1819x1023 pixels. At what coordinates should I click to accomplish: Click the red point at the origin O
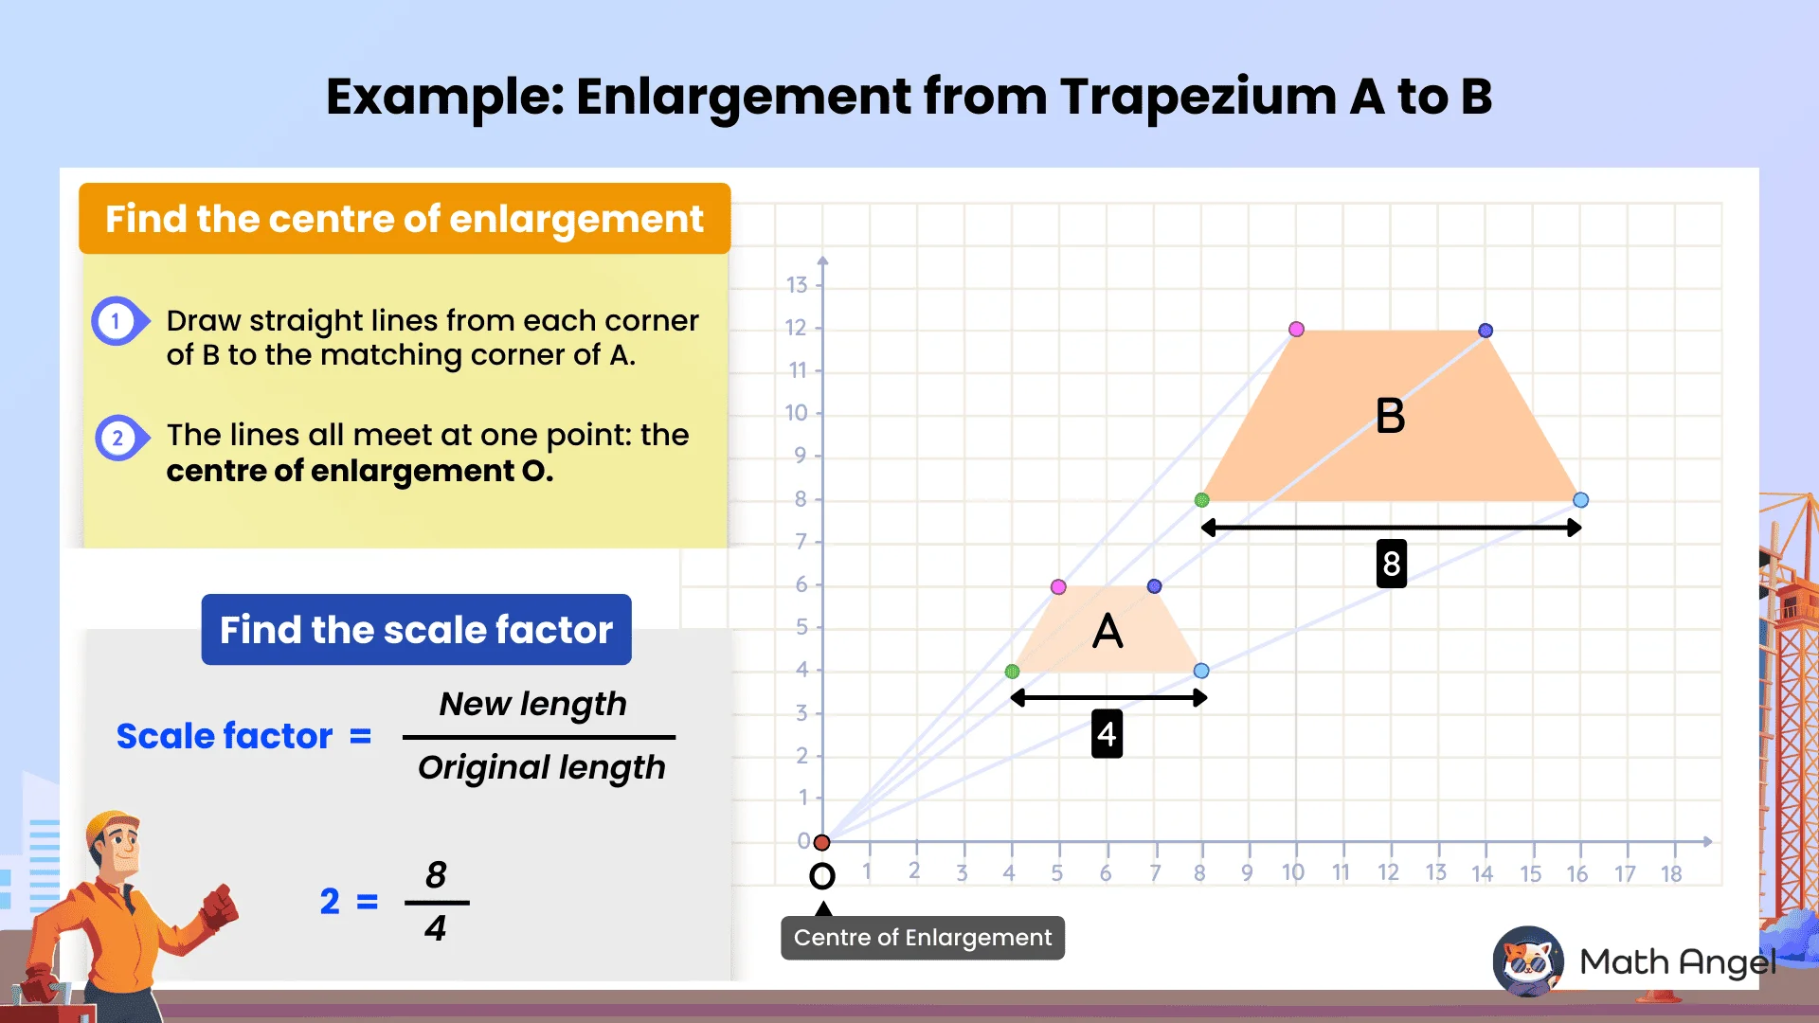tap(822, 842)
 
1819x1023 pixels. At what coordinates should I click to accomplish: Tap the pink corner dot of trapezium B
tap(1296, 330)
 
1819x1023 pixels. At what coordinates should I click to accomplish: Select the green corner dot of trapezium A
tap(1012, 672)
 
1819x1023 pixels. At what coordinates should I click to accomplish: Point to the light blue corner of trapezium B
tap(1580, 500)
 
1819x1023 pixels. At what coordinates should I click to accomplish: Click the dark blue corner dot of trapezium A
tap(1154, 586)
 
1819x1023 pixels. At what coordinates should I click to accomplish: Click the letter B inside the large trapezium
tap(1390, 416)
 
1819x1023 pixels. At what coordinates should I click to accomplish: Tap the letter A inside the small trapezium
tap(1107, 631)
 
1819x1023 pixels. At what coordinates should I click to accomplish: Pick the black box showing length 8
tap(1391, 564)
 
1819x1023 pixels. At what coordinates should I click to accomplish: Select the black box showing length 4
tap(1107, 734)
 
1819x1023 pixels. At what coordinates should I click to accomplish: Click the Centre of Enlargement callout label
tap(922, 938)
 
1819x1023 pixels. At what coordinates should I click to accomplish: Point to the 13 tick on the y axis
tap(797, 285)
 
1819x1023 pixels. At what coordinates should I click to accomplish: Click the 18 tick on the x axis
tap(1671, 873)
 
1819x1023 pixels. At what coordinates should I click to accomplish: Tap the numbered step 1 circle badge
tap(117, 321)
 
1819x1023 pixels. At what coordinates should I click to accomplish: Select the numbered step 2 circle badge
tap(118, 438)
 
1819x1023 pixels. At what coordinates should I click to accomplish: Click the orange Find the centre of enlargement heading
tap(405, 219)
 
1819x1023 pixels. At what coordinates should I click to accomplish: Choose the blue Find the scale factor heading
tap(416, 630)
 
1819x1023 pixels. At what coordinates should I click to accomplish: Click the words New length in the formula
tap(532, 704)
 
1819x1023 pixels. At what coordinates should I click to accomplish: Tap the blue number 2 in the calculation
tap(330, 902)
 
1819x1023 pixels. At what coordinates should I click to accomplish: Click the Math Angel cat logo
tap(1527, 961)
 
